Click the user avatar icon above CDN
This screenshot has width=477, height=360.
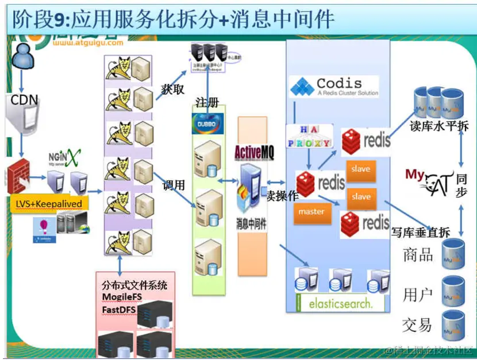[22, 56]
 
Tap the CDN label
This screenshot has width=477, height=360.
[25, 100]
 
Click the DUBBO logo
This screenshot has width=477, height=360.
[209, 125]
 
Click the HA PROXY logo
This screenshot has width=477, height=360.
[309, 137]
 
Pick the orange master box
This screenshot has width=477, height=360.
[311, 211]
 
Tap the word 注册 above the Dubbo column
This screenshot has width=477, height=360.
[207, 104]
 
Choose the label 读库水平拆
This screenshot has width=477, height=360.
[439, 127]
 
